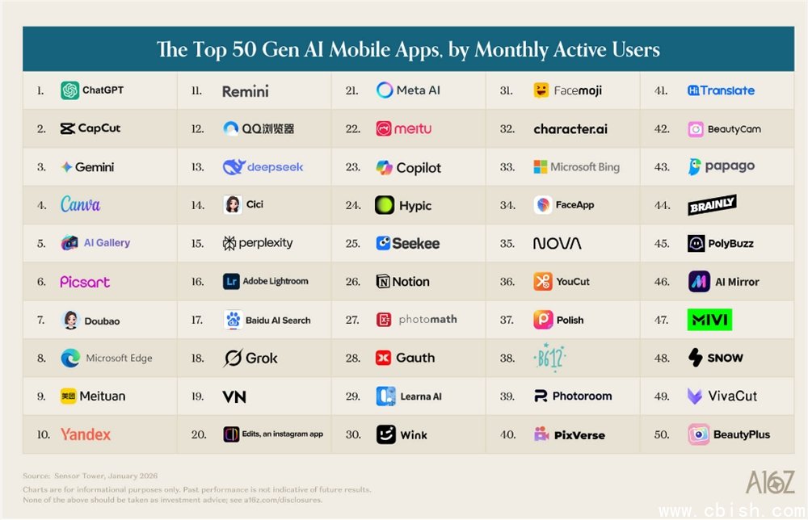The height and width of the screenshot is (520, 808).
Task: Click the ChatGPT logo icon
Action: [69, 90]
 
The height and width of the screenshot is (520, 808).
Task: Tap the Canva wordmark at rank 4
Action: [81, 204]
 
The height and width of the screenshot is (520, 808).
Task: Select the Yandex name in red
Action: [86, 434]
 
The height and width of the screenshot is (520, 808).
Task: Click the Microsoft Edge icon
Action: [70, 359]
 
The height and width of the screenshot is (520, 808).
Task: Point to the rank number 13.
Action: [197, 167]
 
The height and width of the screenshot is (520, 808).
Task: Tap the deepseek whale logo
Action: [233, 167]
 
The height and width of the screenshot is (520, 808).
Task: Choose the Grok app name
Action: [261, 358]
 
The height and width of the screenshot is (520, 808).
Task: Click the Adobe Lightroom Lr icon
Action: [232, 282]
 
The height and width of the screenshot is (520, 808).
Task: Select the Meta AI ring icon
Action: [385, 90]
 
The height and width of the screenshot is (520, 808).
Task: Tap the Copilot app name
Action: [419, 168]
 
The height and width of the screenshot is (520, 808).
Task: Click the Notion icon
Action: [384, 282]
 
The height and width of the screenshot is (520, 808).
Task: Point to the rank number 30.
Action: [352, 434]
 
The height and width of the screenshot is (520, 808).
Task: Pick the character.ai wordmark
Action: [570, 129]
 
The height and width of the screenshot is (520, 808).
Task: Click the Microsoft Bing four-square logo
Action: [541, 167]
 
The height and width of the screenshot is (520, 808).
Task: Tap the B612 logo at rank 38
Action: [551, 358]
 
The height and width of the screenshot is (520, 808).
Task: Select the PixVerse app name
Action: [579, 435]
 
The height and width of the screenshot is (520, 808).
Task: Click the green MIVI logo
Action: [709, 320]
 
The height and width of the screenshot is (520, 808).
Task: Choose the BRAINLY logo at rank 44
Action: [712, 206]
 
